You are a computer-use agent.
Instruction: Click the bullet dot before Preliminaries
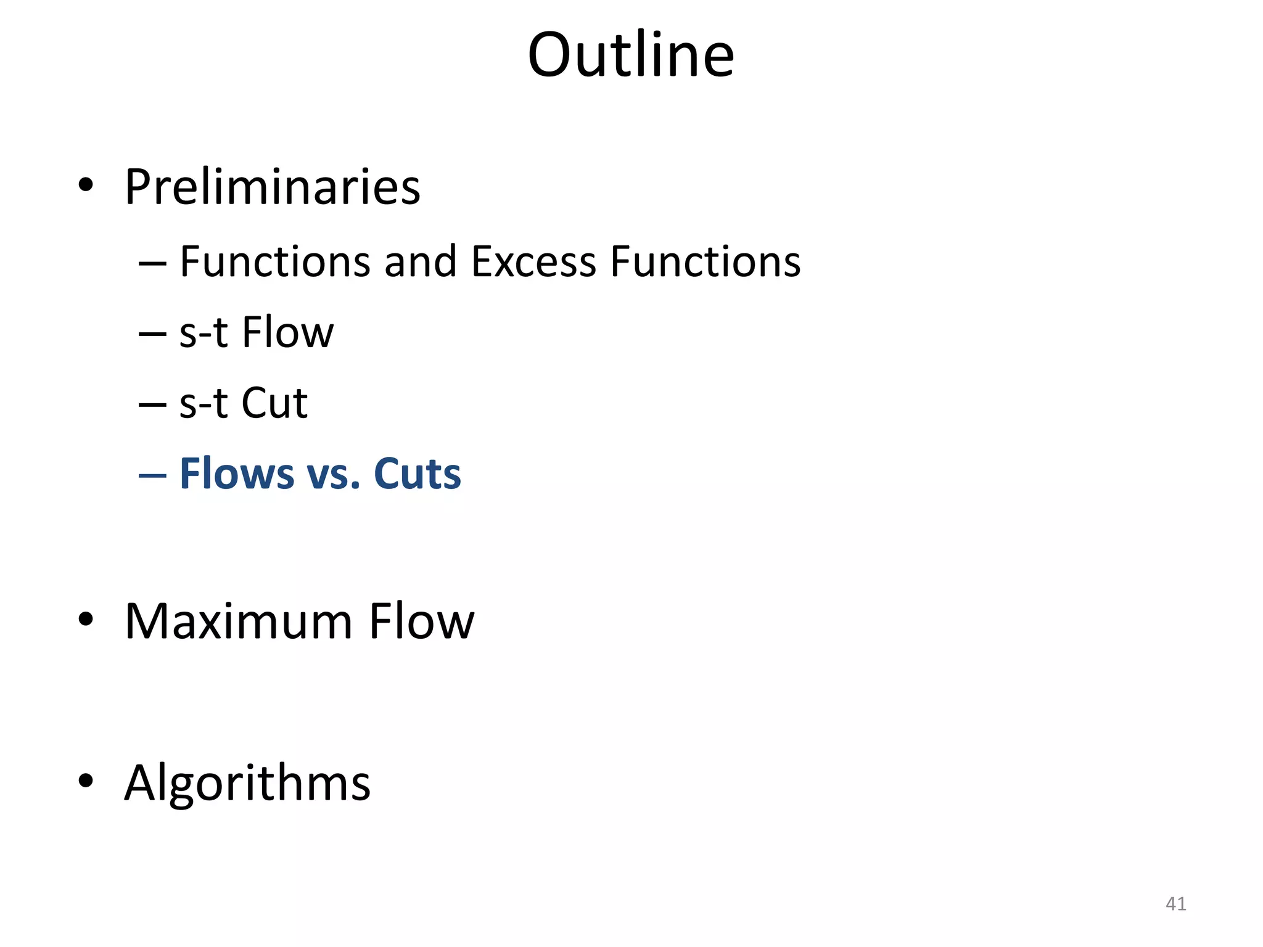86,184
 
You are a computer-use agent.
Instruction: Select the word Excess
533,261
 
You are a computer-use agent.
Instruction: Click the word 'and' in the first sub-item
420,261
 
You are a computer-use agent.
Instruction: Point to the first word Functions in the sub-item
275,261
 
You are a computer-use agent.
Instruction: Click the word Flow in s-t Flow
287,332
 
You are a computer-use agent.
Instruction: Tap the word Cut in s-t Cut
274,403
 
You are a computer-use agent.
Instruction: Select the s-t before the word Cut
204,403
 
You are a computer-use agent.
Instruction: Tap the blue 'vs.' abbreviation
334,475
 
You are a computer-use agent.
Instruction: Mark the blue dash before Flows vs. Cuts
152,475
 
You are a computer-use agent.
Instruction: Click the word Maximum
239,621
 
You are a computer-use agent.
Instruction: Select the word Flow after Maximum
422,621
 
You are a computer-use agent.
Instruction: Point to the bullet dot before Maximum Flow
86,619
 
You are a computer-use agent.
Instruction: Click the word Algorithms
247,783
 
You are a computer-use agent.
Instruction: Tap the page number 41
1175,904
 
